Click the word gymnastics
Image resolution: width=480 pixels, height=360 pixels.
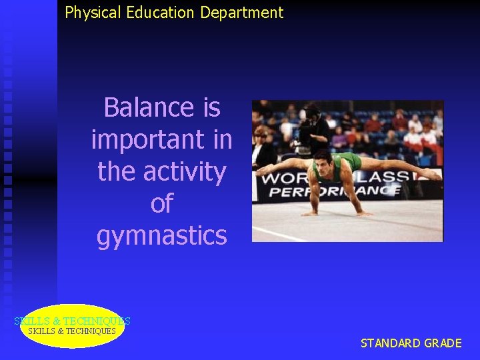[x=161, y=236]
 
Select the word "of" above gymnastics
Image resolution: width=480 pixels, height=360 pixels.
[x=161, y=204]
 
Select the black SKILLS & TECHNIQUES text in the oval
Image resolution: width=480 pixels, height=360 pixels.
[x=72, y=331]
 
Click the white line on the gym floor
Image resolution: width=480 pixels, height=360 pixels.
[x=280, y=233]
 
